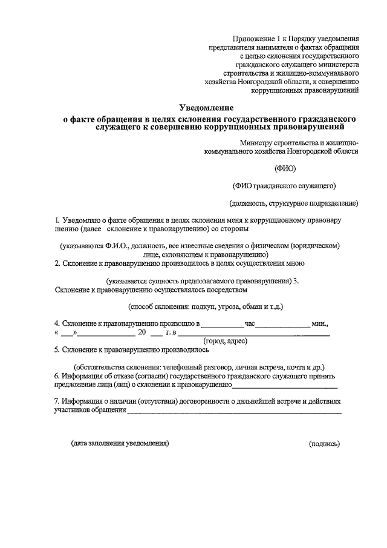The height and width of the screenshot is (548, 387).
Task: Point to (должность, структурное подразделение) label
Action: [293, 203]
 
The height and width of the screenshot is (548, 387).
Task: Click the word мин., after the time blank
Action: [319, 323]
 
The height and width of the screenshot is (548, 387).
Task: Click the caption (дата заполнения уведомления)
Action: [120, 443]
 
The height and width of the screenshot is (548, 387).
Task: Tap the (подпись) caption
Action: [324, 443]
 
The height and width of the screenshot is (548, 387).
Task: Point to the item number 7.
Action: [56, 401]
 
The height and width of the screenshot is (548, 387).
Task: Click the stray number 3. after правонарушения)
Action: [296, 280]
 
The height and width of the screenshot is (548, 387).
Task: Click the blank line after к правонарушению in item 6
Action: [285, 385]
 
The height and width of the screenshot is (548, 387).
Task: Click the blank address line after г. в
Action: [253, 334]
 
